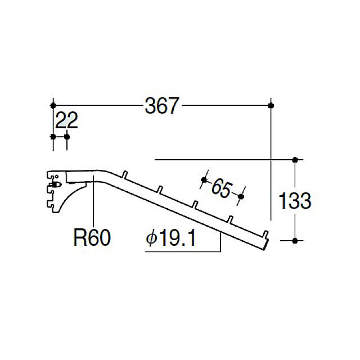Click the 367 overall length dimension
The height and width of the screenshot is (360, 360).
tap(162, 106)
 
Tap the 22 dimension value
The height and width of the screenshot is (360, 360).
tap(67, 120)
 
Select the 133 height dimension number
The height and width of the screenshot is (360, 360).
tap(295, 201)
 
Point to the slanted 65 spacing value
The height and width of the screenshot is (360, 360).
tap(222, 188)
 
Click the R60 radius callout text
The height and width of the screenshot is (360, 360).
tap(92, 238)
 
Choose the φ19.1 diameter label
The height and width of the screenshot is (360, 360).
tap(171, 238)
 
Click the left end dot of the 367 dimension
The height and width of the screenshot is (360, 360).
tap(53, 106)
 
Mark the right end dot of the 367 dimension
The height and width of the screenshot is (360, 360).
tap(271, 106)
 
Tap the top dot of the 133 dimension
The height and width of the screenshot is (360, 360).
tap(295, 160)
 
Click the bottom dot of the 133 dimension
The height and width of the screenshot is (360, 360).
tap(295, 241)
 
